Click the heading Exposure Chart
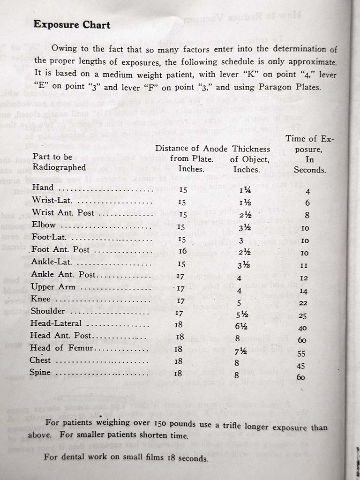point(72,24)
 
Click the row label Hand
point(43,188)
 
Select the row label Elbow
point(44,225)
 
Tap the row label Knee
point(41,299)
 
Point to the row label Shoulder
point(48,311)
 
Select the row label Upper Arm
point(53,287)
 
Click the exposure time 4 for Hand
point(307,191)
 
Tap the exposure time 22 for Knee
point(304,304)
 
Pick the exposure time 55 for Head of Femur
point(302,353)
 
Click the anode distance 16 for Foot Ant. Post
point(183,251)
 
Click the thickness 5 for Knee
point(239,302)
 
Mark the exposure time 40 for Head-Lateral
point(302,328)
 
